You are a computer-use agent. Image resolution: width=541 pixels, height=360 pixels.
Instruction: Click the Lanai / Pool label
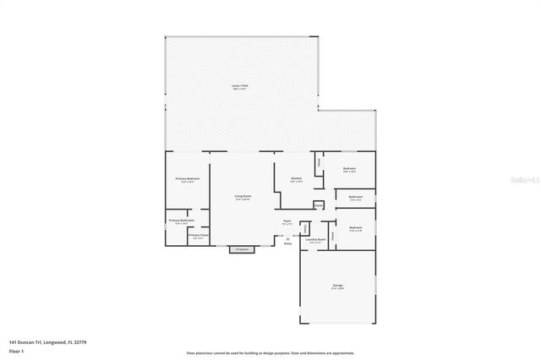[x=240, y=87]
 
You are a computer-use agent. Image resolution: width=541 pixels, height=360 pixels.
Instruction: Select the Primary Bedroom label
[x=187, y=179]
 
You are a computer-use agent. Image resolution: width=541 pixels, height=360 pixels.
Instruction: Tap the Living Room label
[x=243, y=198]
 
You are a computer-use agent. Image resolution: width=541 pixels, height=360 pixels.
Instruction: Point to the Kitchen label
[x=297, y=179]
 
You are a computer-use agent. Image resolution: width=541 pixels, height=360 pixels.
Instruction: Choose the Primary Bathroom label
[x=181, y=221]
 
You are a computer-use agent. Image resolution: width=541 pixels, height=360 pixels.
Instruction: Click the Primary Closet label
[x=199, y=237]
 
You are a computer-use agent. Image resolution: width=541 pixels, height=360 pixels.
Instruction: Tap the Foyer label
[x=287, y=222]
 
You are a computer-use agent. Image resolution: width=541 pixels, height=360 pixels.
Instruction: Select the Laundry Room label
[x=316, y=240]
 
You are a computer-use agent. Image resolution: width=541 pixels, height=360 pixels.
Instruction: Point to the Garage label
[x=337, y=287]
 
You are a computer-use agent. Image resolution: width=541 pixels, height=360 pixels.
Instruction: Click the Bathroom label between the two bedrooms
[x=355, y=199]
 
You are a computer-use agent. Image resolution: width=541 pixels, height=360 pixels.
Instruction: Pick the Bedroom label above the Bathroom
[x=349, y=170]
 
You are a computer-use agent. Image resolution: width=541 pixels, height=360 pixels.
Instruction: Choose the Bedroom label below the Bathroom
[x=356, y=227]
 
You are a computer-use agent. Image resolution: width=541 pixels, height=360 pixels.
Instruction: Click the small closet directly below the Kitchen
[x=319, y=204]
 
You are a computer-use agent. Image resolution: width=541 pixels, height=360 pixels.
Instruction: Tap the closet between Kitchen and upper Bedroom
[x=319, y=163]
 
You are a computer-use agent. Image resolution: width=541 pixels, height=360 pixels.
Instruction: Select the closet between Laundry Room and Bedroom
[x=332, y=237]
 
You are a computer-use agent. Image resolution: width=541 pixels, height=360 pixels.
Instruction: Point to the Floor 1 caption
[x=16, y=350]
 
